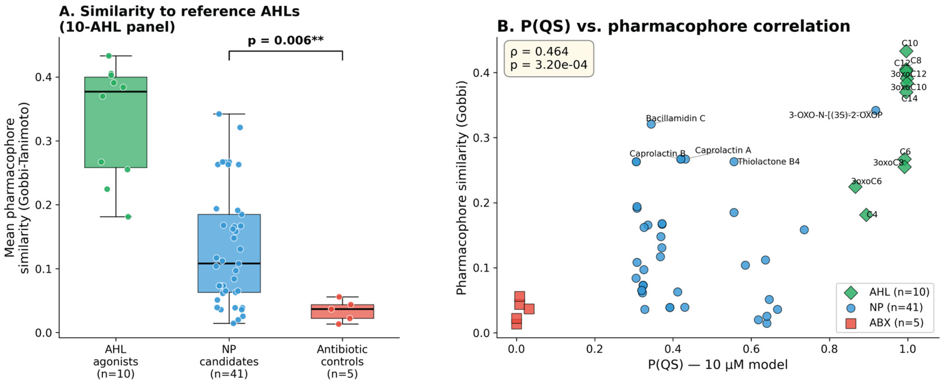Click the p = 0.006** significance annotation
pyautogui.click(x=286, y=40)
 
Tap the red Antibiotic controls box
pyautogui.click(x=342, y=312)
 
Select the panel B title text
pyautogui.click(x=674, y=26)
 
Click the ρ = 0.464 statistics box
pyautogui.click(x=549, y=58)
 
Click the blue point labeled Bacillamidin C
pyautogui.click(x=651, y=124)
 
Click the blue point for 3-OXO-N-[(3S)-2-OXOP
pyautogui.click(x=875, y=110)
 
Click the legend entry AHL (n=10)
pyautogui.click(x=899, y=292)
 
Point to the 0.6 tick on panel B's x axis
pyautogui.click(x=751, y=349)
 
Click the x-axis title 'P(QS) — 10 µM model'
pyautogui.click(x=718, y=365)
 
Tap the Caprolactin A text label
pyautogui.click(x=723, y=150)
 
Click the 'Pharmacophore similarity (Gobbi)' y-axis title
pyautogui.click(x=462, y=187)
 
